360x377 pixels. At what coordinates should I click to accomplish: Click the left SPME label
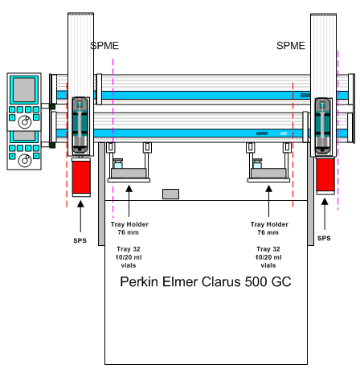104,46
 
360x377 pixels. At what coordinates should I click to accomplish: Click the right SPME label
291,46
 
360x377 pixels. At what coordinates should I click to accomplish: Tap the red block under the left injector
81,177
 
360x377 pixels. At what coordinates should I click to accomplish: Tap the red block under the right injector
325,175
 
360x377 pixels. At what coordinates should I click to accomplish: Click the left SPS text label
80,240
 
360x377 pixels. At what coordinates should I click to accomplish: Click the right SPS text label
324,238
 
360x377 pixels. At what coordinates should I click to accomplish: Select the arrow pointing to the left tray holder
129,201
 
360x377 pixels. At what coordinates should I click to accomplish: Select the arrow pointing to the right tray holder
269,201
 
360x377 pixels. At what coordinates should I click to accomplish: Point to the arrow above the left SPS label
80,216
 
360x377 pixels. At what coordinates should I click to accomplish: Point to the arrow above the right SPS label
325,214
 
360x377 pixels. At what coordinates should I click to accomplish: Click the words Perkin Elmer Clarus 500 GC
206,282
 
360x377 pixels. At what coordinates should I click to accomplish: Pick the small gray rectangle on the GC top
170,194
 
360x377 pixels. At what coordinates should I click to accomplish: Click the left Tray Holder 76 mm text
129,228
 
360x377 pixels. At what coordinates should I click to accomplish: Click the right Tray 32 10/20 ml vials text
268,257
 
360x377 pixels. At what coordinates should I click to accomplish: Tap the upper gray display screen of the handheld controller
24,90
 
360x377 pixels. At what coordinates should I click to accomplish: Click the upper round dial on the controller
25,122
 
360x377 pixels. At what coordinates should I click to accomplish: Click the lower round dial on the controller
25,161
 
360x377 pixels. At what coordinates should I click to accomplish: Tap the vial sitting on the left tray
118,164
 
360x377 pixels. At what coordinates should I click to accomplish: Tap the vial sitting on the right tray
257,164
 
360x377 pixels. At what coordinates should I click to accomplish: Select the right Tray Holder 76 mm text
269,228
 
